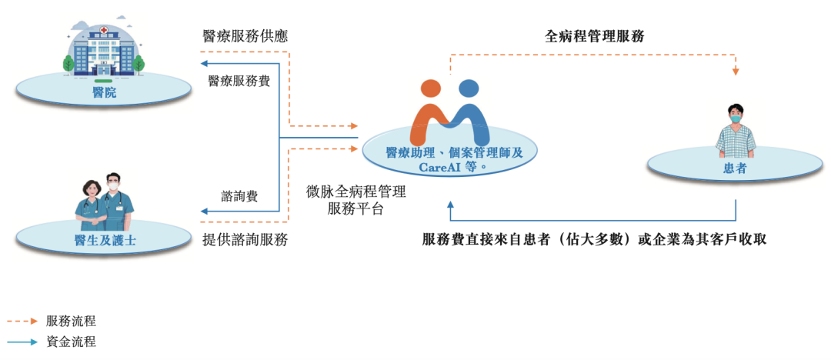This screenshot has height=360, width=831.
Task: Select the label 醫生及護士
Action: (x=105, y=240)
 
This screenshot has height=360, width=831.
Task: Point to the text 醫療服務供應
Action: (x=245, y=36)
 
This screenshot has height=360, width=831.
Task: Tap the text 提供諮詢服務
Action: (x=245, y=240)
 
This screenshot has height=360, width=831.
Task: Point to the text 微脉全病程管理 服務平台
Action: (x=355, y=199)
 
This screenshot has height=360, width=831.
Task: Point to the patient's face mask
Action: (x=736, y=119)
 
